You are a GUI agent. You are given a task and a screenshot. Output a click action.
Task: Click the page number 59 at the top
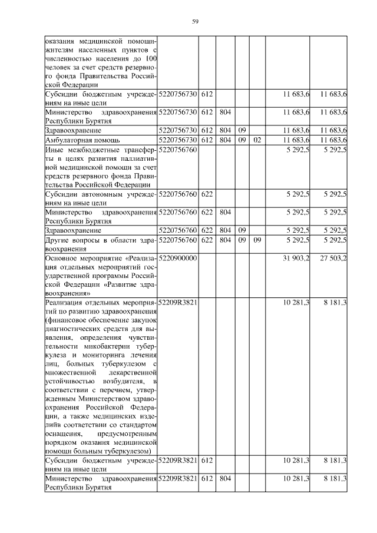[x=195, y=22]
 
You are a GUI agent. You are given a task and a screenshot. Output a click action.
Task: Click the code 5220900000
[x=178, y=258]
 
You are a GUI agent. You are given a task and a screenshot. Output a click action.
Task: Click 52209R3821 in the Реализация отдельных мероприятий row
[x=178, y=302]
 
